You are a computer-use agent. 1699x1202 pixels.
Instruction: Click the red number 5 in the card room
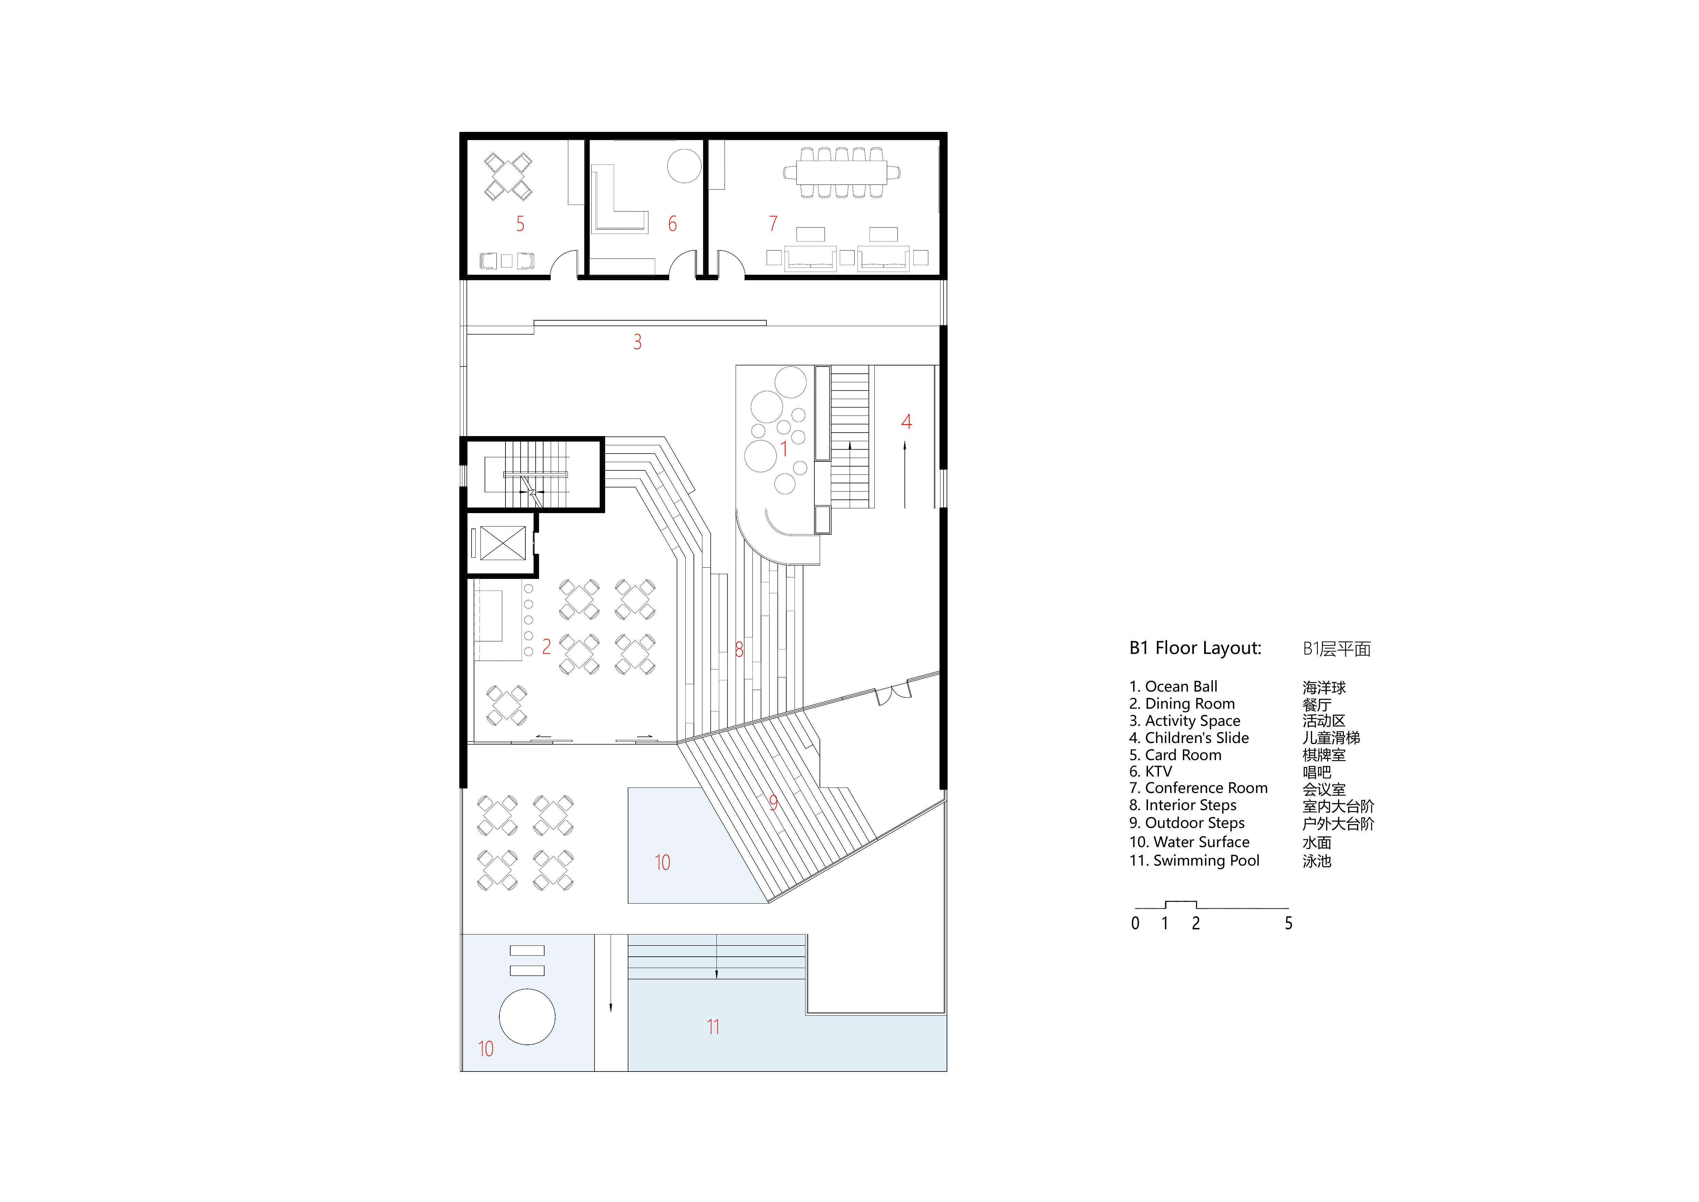[x=520, y=224]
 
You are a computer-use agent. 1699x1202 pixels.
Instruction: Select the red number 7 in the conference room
[x=773, y=224]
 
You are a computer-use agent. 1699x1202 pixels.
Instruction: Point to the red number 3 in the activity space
[x=637, y=342]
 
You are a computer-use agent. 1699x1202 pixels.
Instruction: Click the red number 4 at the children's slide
[x=907, y=422]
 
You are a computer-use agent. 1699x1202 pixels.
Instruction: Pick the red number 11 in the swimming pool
[x=713, y=1027]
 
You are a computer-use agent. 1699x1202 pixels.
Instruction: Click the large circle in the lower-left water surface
[x=527, y=1017]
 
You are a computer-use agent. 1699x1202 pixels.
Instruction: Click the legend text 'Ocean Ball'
[x=1181, y=687]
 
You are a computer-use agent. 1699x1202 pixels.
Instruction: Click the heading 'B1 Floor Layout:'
[x=1195, y=648]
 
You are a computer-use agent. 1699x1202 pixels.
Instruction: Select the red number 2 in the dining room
[x=546, y=647]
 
